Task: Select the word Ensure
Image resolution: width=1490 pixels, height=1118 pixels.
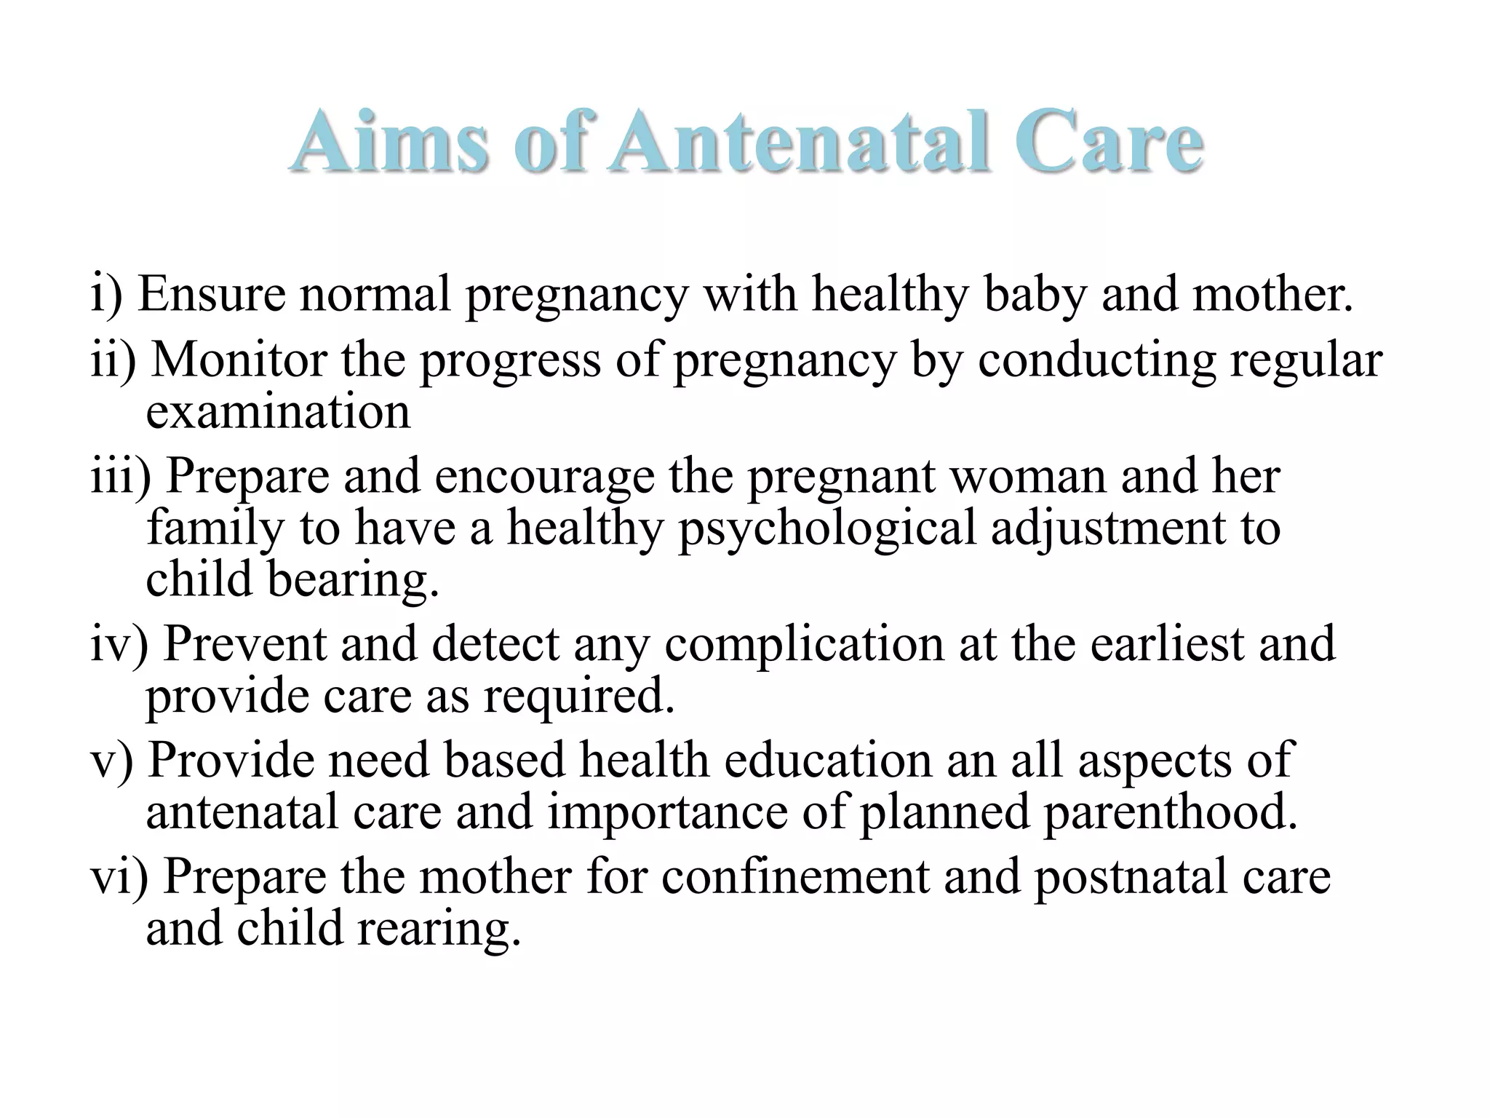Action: [212, 294]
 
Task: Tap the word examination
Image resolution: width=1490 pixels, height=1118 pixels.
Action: [278, 412]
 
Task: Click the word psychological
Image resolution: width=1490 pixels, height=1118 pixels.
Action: [826, 528]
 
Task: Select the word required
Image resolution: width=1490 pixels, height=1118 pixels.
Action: [579, 697]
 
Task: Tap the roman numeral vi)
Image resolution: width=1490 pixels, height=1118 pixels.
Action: [119, 877]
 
